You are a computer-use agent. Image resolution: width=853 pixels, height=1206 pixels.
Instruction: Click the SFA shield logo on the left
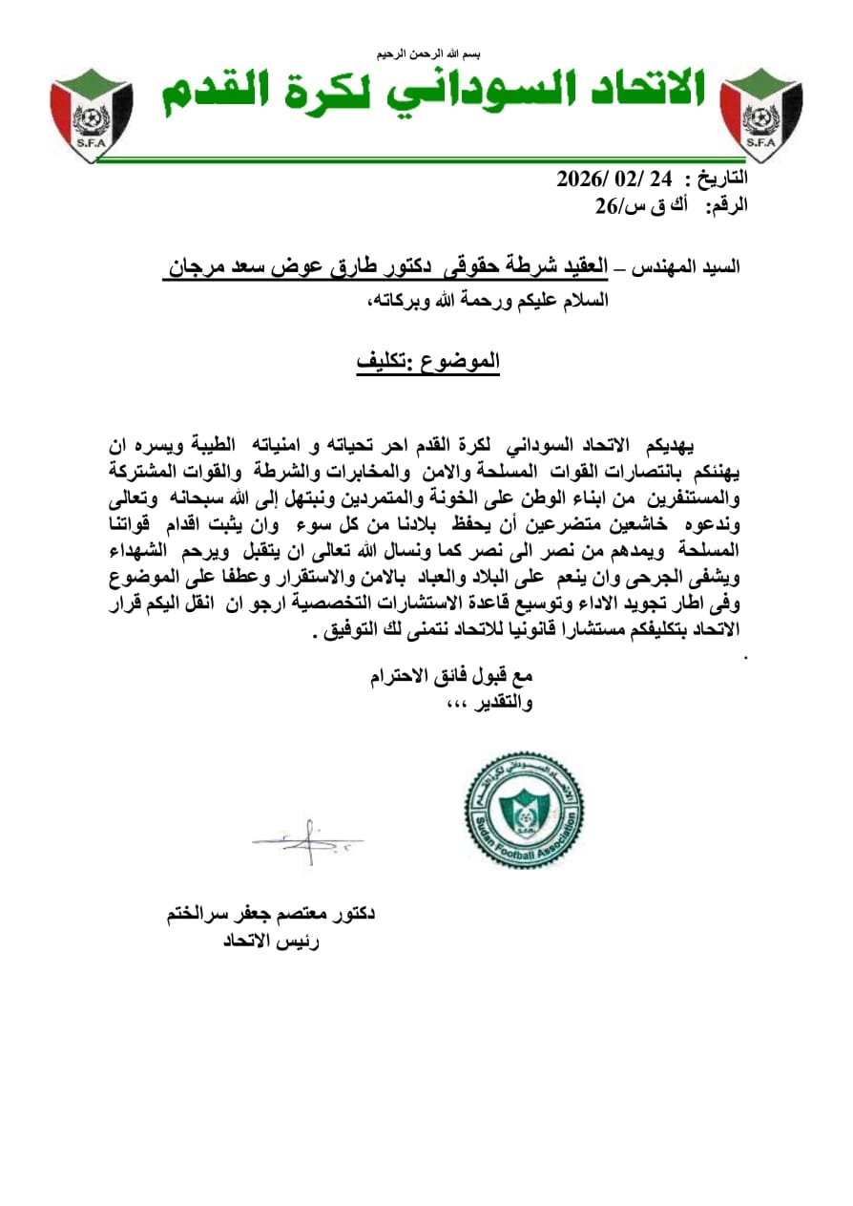pos(92,114)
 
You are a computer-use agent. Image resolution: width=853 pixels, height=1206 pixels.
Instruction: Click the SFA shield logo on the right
pos(760,114)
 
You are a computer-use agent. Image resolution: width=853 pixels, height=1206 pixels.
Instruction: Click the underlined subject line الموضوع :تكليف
pos(428,363)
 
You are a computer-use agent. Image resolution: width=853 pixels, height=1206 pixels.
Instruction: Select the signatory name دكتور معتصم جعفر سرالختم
pos(269,915)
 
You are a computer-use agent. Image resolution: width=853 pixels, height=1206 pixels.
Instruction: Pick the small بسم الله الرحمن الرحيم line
pos(426,53)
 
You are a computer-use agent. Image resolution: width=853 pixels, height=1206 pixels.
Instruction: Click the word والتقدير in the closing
pos(500,704)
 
